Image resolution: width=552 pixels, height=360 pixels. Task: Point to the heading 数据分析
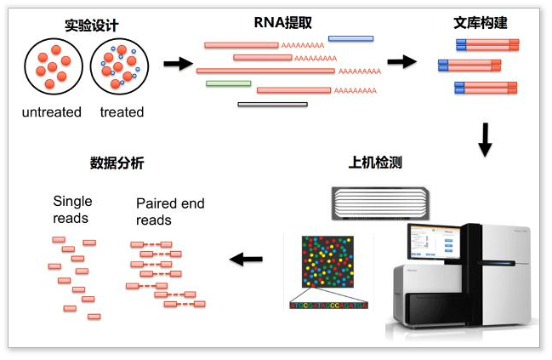pos(117,163)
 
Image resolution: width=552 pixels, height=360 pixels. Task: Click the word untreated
pos(52,112)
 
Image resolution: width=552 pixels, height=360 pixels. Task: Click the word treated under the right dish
pos(122,112)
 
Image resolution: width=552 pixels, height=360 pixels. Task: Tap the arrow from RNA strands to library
pos(401,61)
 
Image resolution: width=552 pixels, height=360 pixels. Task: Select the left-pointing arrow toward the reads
pos(248,259)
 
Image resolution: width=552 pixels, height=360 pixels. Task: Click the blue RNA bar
pos(350,38)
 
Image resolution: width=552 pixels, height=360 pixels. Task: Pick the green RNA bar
pos(228,83)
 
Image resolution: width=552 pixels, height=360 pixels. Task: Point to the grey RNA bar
pos(272,104)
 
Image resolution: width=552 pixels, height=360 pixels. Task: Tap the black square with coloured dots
pos(328,265)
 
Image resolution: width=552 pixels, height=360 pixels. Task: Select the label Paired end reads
pos(170,212)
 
